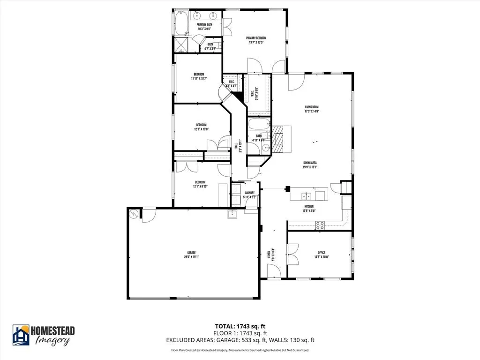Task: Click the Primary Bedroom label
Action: coord(256,38)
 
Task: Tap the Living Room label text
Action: coord(312,107)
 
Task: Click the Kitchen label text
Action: coord(309,206)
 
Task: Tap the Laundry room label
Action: coord(249,193)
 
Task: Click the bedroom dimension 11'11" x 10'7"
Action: coord(199,79)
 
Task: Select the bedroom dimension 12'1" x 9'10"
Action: coord(201,187)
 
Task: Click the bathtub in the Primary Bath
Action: coord(181,23)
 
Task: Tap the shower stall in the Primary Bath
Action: coord(181,45)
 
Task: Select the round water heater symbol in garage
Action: coord(135,214)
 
